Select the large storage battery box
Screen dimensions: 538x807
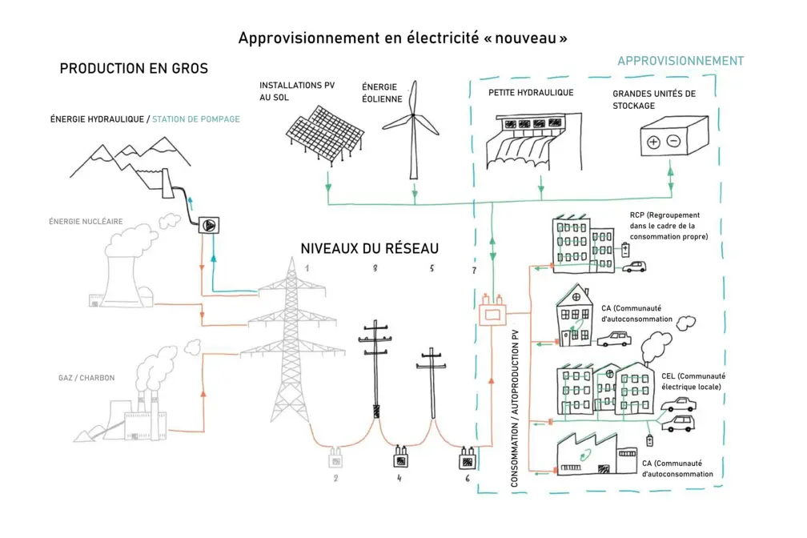tap(672, 138)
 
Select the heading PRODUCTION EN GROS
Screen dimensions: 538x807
tap(134, 69)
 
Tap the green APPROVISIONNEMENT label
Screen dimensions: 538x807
tap(680, 61)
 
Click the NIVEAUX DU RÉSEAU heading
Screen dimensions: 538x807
tap(369, 248)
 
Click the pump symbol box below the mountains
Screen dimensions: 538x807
tap(210, 226)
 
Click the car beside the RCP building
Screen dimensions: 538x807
tap(634, 266)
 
